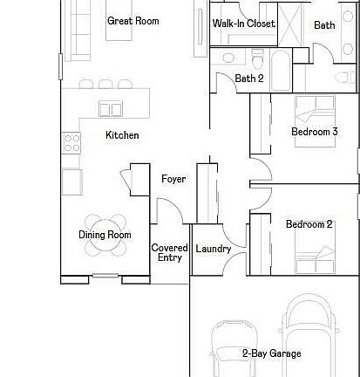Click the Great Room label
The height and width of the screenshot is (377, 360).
tap(132, 21)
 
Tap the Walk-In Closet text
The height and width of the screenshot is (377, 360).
tap(244, 24)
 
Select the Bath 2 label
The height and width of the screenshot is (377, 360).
tap(249, 79)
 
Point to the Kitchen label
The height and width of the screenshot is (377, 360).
tap(122, 135)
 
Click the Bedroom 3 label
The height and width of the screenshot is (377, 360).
tap(314, 132)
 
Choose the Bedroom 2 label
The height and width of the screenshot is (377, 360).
tap(309, 224)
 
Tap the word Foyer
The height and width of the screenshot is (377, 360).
tap(173, 179)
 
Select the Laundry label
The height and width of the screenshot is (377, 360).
tap(214, 249)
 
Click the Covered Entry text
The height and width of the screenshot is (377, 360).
tap(169, 253)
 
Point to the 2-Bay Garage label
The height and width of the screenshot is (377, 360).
tap(271, 353)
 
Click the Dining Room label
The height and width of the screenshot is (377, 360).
tap(105, 235)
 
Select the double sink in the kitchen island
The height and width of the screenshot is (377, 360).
tap(112, 109)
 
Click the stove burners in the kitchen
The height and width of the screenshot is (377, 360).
tap(71, 142)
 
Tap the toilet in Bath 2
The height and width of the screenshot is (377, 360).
tap(258, 58)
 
